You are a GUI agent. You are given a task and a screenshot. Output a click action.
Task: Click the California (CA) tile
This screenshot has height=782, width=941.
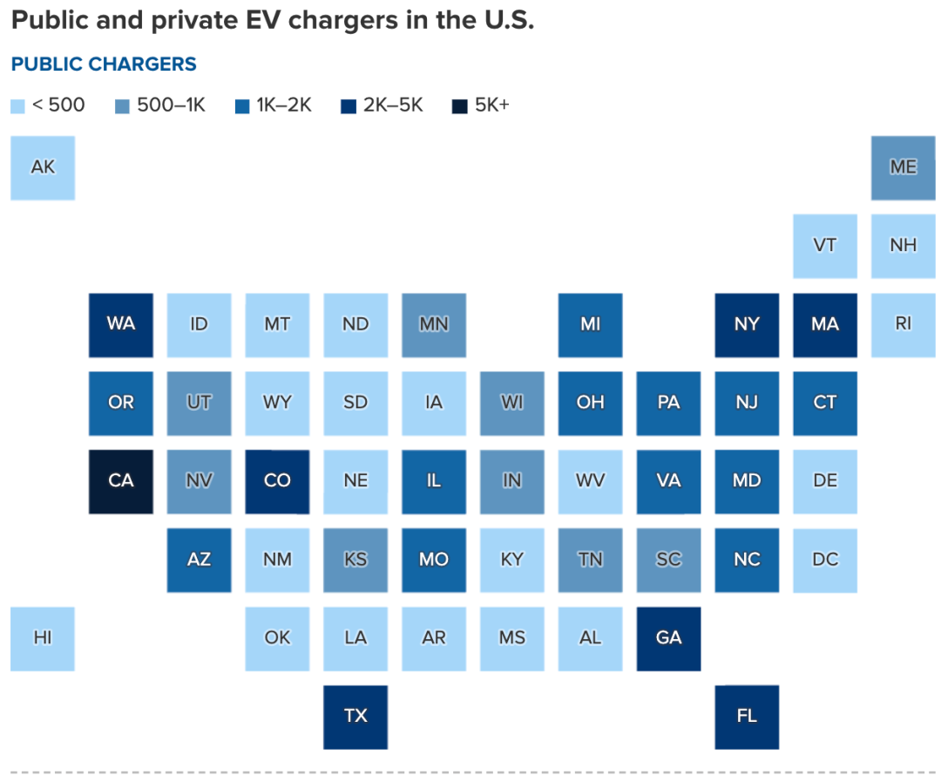(x=121, y=481)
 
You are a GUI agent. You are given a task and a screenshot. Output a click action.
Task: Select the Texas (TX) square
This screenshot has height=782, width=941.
(x=355, y=717)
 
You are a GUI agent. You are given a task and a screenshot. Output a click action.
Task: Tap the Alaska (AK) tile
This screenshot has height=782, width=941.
(x=43, y=167)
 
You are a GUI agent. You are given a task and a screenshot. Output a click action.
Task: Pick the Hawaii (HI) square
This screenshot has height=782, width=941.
(x=43, y=638)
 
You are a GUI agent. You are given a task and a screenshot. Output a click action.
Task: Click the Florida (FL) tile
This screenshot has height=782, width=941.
(x=747, y=717)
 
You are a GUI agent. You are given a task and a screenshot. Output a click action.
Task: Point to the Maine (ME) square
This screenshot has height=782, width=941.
(x=903, y=167)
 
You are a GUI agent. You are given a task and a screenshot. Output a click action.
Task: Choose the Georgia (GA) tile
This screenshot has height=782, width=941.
(x=668, y=638)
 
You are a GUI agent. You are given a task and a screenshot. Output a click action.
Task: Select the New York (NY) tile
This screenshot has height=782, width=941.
(x=747, y=324)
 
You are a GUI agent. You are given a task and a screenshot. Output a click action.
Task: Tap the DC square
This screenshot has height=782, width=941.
(x=825, y=560)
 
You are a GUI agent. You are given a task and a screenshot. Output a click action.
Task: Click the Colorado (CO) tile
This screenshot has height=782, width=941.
(x=277, y=481)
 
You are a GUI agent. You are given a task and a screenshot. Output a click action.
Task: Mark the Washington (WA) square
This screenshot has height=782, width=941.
(x=121, y=324)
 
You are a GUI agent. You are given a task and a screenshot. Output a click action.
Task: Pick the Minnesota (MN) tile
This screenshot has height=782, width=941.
(x=434, y=324)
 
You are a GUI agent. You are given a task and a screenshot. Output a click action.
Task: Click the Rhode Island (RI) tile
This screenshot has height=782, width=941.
(x=903, y=324)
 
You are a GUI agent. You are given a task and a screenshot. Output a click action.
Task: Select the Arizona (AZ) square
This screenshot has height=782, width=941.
(x=199, y=560)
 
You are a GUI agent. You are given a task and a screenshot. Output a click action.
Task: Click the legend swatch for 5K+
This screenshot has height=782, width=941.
(x=459, y=107)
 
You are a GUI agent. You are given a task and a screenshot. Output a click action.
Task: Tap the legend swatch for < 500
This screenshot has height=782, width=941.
(x=17, y=107)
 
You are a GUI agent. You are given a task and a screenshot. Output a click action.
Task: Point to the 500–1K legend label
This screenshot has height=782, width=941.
(x=172, y=106)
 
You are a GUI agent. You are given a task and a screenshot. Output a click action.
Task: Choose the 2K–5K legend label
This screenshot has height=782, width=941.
(x=393, y=106)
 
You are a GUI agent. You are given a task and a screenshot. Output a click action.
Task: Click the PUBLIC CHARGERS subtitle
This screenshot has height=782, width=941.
(x=104, y=65)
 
